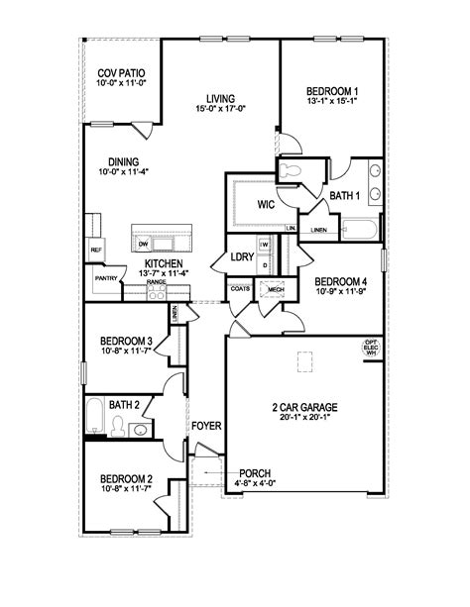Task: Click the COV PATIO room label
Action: (122, 73)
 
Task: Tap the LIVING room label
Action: (220, 98)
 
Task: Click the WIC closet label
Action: (265, 205)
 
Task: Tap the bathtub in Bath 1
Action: (357, 231)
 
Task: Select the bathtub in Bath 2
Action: (94, 416)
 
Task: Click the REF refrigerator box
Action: (96, 251)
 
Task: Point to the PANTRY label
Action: (107, 279)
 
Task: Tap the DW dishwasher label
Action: (144, 244)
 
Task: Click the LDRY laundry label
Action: (243, 257)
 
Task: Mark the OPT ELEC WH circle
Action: (372, 349)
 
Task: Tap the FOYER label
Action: (207, 426)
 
